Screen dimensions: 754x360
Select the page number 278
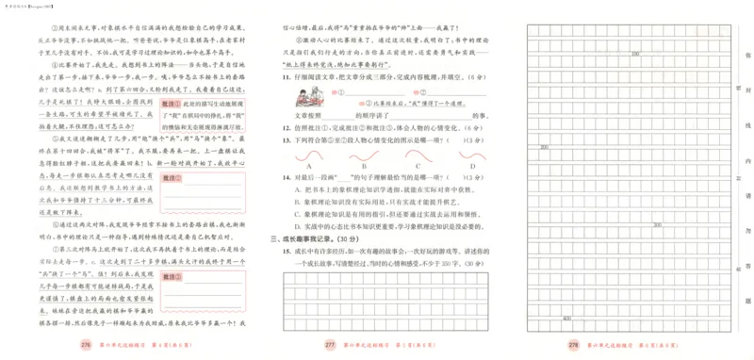click(x=574, y=346)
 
